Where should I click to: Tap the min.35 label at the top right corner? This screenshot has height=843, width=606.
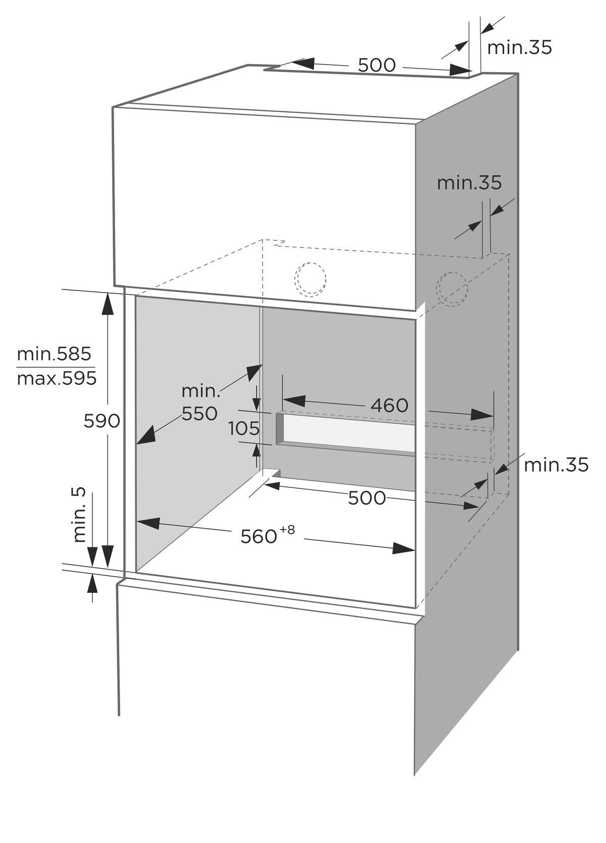point(519,48)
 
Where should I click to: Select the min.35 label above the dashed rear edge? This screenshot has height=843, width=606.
point(469,183)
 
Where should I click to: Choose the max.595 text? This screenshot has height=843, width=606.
point(57,378)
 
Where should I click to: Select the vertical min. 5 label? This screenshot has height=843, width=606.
point(79,515)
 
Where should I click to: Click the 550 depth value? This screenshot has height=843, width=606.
point(199,414)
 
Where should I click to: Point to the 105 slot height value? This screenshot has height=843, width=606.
point(244,428)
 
